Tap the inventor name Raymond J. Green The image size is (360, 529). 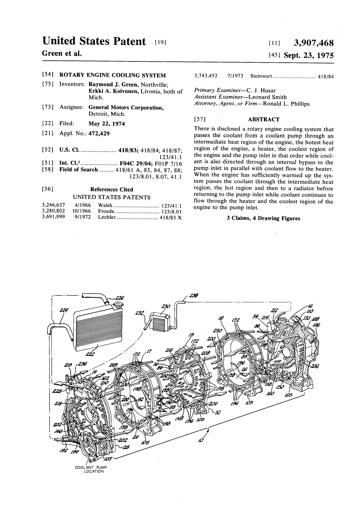tap(113, 84)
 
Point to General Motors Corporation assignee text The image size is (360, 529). tap(126, 108)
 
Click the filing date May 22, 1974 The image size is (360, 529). tap(107, 124)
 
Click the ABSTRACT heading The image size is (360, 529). tap(264, 119)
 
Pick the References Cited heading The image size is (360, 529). tap(112, 189)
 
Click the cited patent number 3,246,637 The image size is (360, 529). tap(53, 205)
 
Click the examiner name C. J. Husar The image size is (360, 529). tap(261, 91)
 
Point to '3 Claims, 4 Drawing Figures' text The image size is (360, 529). tap(263, 218)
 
